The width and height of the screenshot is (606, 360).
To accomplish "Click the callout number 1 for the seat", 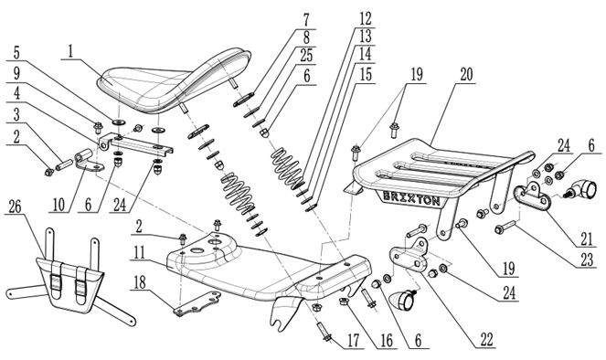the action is (x=70, y=52).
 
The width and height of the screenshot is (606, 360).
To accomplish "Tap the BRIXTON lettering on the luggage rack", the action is (x=411, y=197).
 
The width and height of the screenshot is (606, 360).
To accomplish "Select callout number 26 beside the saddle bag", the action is (x=15, y=207).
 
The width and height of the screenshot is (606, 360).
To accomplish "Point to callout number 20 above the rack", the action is (x=466, y=75).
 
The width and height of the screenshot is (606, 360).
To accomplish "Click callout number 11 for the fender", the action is (x=139, y=252).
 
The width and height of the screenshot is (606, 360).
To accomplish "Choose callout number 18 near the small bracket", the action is (x=140, y=282).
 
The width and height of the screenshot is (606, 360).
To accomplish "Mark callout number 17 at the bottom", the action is (x=353, y=341).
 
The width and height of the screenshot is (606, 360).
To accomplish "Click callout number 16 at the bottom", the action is (x=386, y=341).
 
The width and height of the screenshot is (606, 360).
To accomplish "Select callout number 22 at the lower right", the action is (x=486, y=340).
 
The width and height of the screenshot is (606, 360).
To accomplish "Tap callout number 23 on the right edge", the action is (x=587, y=260).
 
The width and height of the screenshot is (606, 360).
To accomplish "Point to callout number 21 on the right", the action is (x=586, y=238).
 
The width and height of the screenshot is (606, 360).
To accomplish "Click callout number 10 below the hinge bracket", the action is (x=58, y=205).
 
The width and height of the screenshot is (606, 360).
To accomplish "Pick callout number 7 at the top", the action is (x=306, y=20).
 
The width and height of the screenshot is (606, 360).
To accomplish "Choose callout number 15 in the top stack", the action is (x=365, y=74).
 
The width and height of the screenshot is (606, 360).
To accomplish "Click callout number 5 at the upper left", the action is (x=16, y=53).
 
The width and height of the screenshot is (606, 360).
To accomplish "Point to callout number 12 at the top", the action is (x=365, y=18).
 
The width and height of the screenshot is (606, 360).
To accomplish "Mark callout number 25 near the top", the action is (x=306, y=56).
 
